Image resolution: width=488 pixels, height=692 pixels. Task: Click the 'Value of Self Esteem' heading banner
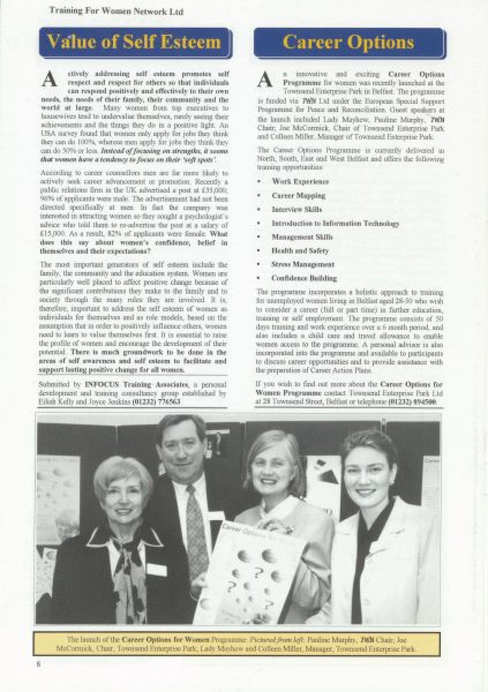point(135,42)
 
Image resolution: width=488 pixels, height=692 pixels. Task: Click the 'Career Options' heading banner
point(349,42)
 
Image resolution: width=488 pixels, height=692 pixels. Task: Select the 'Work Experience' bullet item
point(301,182)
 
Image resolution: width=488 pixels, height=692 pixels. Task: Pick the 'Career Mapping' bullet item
point(298,196)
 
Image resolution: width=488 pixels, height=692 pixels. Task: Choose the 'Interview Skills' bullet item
point(297,209)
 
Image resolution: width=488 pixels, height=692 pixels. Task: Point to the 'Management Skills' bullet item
point(302,237)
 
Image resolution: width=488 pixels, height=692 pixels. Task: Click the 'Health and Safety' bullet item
point(300,250)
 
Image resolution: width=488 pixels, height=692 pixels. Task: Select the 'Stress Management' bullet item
point(303,264)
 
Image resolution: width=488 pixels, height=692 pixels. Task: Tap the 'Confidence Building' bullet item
point(304,278)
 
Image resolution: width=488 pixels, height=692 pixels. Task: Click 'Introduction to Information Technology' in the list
point(335,223)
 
